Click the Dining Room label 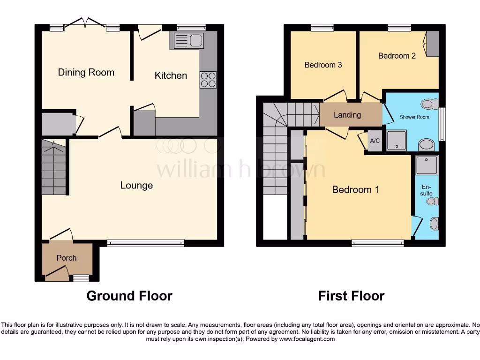click(86, 72)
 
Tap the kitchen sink click(188, 41)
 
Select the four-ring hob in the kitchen click(208, 80)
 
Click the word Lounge click(136, 185)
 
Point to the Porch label click(67, 258)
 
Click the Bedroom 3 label click(323, 65)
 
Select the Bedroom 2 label click(397, 56)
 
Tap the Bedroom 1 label click(355, 189)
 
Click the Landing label click(347, 115)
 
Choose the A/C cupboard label click(375, 141)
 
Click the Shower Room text click(414, 117)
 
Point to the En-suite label click(427, 190)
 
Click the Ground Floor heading click(129, 296)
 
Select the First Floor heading click(351, 296)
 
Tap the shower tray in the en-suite click(427, 165)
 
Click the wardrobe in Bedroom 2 click(432, 43)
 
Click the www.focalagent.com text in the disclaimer click(307, 339)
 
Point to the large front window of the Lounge click(145, 242)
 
